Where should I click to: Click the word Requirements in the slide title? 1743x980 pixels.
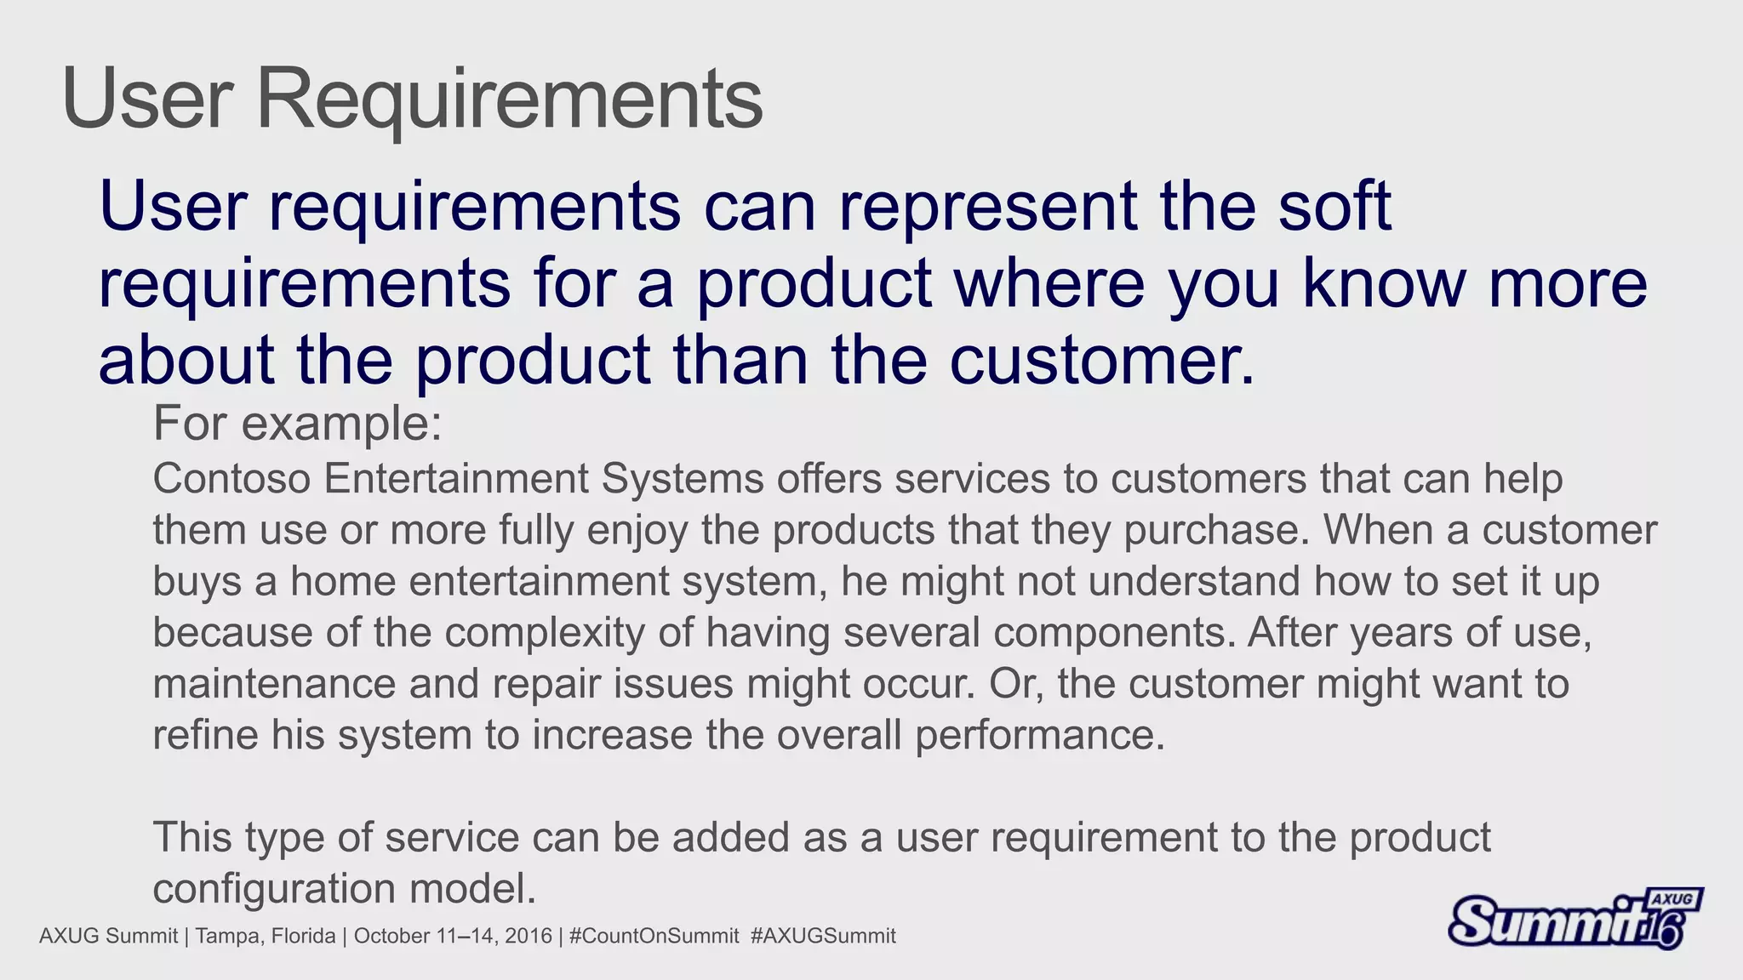(509, 100)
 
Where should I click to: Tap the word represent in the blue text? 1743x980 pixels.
(987, 208)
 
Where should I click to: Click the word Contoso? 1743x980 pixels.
(231, 479)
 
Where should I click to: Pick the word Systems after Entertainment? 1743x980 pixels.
(683, 480)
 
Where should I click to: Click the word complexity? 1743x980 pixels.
(544, 634)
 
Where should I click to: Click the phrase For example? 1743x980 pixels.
(297, 424)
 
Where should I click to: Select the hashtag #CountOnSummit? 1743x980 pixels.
(654, 937)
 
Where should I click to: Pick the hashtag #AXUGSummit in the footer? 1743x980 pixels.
(823, 937)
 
